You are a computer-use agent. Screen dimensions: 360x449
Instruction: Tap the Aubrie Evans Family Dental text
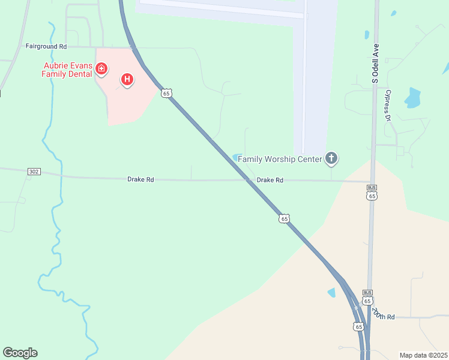[x=67, y=70]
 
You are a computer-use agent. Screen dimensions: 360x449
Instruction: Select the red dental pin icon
[x=101, y=69]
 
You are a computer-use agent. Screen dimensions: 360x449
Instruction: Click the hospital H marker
[x=127, y=79]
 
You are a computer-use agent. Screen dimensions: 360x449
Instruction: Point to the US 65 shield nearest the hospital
[x=166, y=92]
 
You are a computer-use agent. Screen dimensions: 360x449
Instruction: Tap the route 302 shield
[x=34, y=172]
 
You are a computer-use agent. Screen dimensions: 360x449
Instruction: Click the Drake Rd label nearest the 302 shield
[x=140, y=179]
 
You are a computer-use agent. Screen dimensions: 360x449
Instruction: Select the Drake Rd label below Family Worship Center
[x=270, y=180]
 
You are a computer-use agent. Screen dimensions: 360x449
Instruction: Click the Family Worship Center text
[x=280, y=159]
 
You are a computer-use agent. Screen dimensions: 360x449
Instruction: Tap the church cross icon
[x=331, y=158]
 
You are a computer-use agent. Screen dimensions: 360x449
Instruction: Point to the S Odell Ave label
[x=376, y=62]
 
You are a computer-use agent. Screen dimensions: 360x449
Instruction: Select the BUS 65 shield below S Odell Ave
[x=372, y=192]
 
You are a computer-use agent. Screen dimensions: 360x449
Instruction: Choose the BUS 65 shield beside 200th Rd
[x=368, y=297]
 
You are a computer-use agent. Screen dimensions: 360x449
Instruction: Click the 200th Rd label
[x=382, y=314]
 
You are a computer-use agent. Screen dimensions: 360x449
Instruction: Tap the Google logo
[x=20, y=353]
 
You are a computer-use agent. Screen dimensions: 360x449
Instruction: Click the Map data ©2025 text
[x=423, y=355]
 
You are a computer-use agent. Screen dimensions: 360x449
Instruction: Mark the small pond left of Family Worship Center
[x=237, y=157]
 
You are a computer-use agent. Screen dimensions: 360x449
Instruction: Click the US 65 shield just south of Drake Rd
[x=284, y=218]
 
